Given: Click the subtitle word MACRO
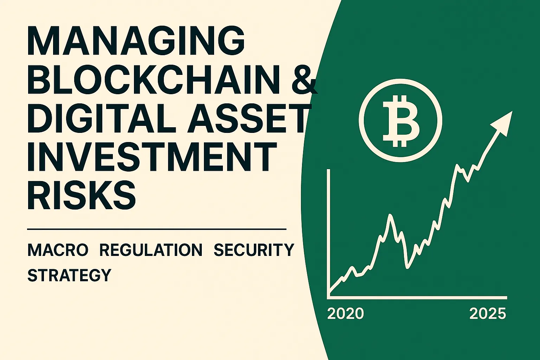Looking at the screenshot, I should [x=58, y=250].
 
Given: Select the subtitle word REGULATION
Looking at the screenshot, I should [x=151, y=250].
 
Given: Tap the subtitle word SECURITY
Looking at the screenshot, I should [x=254, y=250].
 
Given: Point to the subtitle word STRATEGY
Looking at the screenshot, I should [x=69, y=275].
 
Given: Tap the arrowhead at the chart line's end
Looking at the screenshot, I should [x=503, y=122].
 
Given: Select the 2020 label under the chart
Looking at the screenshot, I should [x=346, y=314].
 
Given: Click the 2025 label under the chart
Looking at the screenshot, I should [x=488, y=314].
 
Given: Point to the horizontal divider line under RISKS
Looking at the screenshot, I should [x=157, y=229].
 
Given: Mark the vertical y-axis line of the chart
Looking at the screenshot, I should [x=328, y=232].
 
